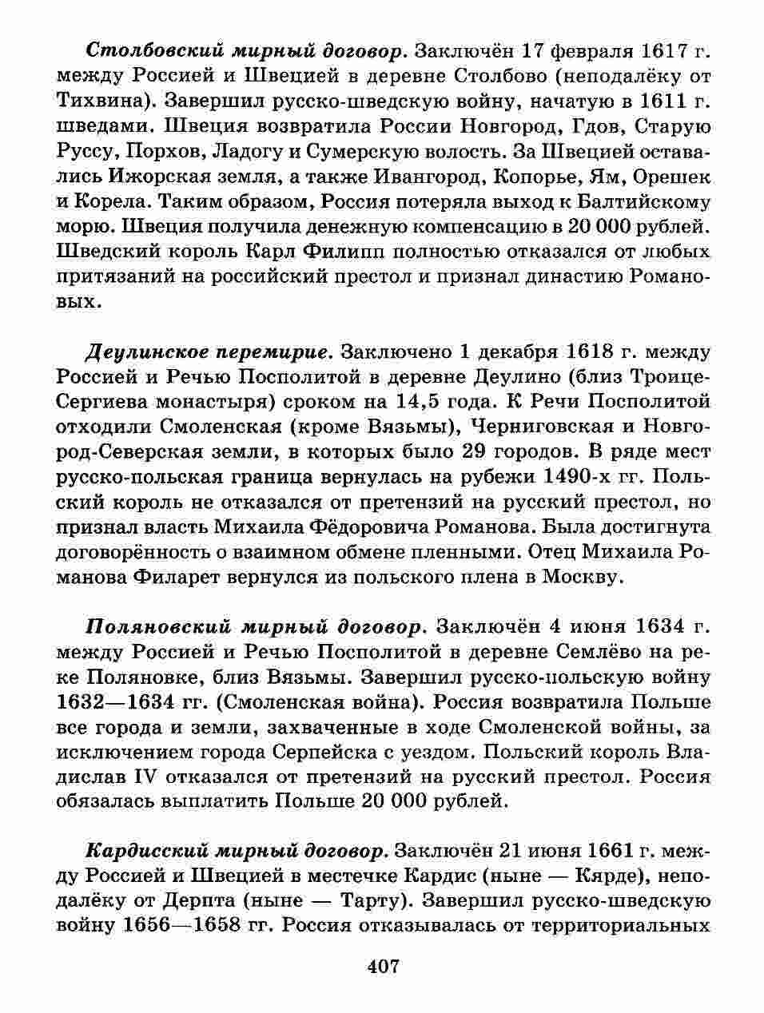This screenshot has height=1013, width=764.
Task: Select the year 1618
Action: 595,352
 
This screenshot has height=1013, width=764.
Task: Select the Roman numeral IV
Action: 143,777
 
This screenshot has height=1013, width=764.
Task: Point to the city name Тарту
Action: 367,901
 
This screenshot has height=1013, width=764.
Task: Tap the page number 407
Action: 383,967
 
